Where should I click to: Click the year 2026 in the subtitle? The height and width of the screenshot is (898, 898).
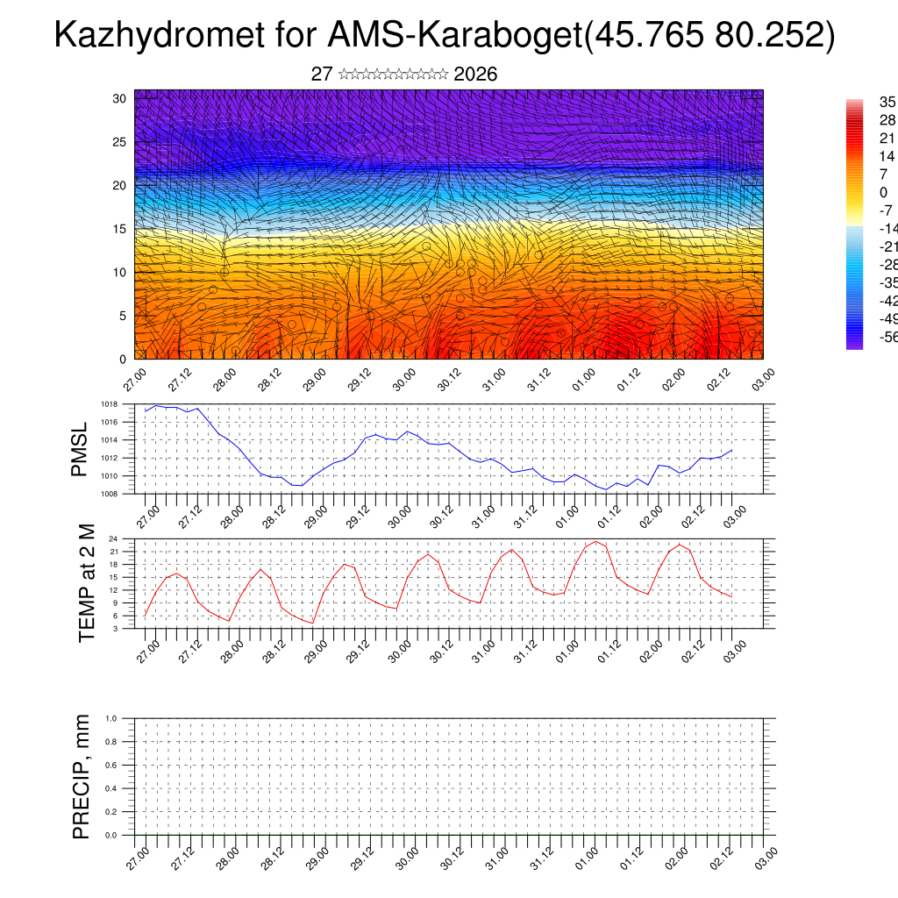(x=476, y=75)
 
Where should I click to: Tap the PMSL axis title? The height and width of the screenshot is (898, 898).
(x=80, y=449)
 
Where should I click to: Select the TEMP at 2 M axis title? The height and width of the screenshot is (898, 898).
(x=86, y=582)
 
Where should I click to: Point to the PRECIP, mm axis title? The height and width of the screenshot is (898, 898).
(x=82, y=776)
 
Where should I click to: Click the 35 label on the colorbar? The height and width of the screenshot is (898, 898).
(x=887, y=103)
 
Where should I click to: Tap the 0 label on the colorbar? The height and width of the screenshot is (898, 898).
(x=882, y=192)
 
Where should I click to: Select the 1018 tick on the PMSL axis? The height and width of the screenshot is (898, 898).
(x=132, y=404)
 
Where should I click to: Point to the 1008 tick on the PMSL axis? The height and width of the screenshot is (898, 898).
(x=132, y=494)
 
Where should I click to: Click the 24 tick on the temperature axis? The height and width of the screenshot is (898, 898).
(x=137, y=538)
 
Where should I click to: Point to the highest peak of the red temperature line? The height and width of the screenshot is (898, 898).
(x=596, y=541)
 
